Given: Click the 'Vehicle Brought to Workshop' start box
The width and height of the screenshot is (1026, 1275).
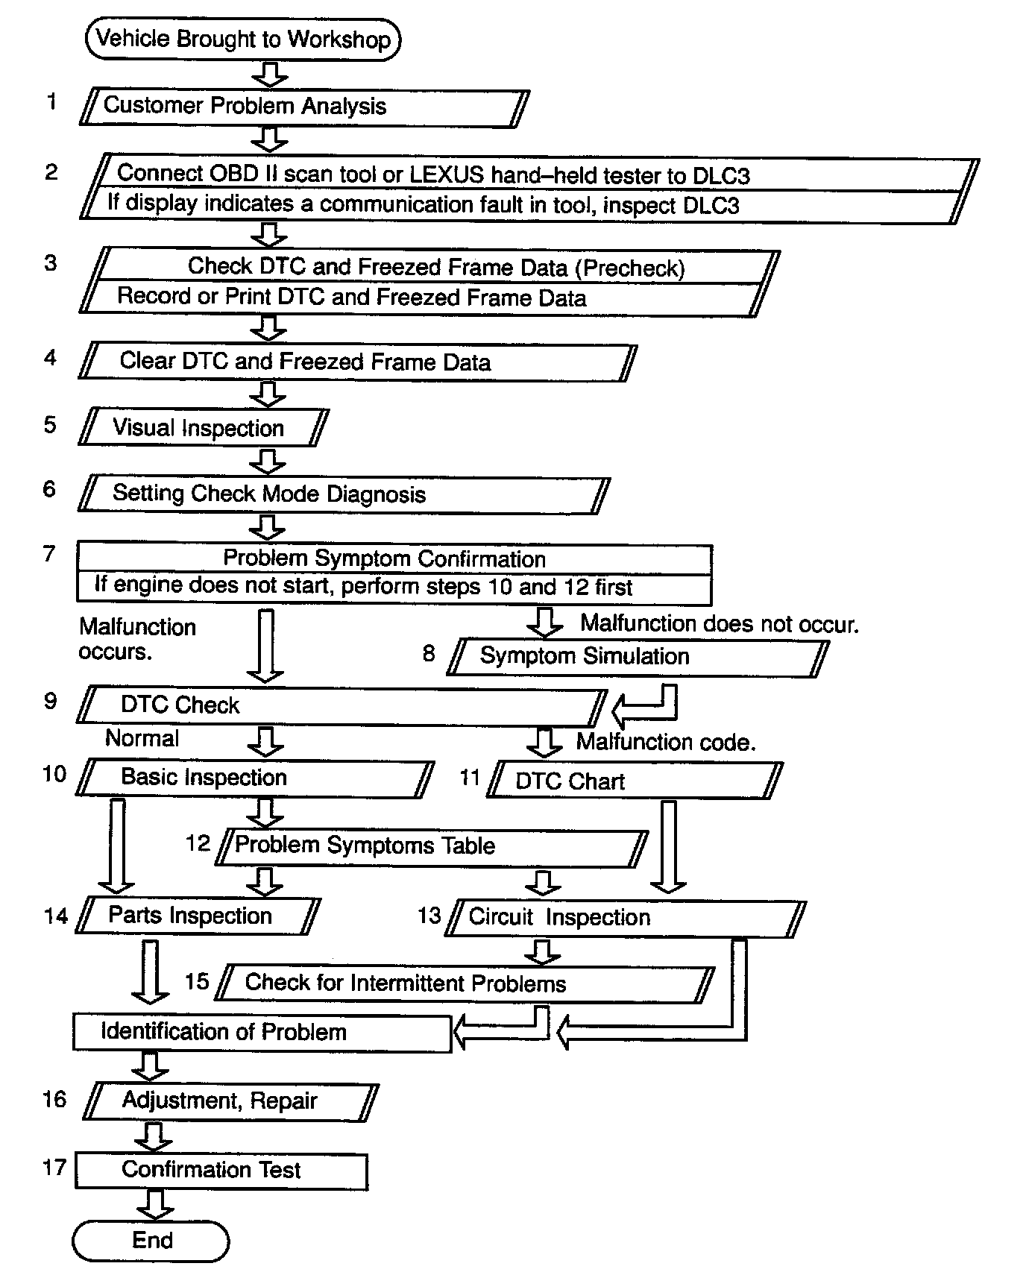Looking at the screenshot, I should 243,40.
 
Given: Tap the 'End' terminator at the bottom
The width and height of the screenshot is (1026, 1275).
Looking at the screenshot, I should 151,1240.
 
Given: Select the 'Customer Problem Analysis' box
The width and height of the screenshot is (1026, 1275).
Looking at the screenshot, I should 304,107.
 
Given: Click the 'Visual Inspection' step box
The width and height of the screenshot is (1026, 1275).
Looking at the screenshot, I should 203,428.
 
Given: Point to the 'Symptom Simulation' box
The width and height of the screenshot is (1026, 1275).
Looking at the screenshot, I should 638,657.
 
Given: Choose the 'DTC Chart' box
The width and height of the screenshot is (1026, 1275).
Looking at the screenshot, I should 634,781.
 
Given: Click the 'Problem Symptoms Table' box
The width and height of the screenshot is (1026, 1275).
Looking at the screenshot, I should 431,846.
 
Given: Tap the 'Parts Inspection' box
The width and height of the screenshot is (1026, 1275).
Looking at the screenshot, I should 198,916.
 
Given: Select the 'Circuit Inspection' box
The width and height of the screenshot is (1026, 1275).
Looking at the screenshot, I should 625,918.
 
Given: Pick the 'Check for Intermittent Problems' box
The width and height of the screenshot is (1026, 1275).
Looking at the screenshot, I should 464,983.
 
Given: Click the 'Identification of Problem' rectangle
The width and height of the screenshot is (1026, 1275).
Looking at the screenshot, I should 262,1032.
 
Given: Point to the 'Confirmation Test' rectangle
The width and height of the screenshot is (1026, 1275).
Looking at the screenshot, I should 221,1170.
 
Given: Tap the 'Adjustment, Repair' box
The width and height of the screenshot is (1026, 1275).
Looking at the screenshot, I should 230,1101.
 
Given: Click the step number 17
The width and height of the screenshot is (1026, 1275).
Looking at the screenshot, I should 54,1167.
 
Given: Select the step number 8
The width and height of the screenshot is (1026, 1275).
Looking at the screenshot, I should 428,654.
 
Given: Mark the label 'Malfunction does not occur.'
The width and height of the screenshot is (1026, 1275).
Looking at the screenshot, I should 720,623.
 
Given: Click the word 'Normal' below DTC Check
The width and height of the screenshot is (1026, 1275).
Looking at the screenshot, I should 142,738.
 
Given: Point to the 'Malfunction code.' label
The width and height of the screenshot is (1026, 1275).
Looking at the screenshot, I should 666,742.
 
